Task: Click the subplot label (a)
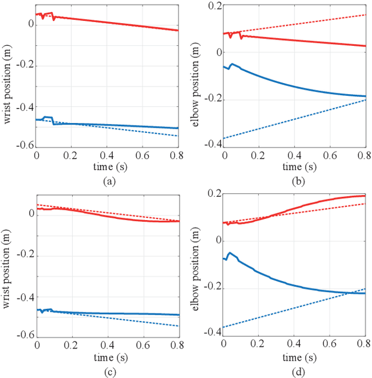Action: (x=108, y=181)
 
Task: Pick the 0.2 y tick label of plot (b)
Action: (x=215, y=5)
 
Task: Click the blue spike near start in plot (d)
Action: (x=230, y=253)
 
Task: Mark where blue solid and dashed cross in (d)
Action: (x=349, y=293)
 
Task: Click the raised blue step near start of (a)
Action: (x=48, y=117)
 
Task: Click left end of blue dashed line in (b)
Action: (x=224, y=138)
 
